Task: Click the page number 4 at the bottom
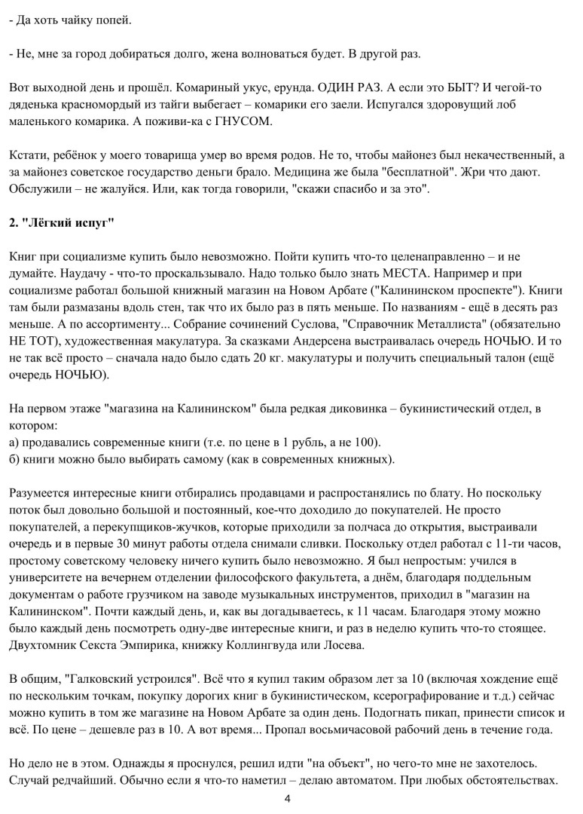click(x=287, y=798)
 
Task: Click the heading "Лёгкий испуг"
click(x=68, y=225)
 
